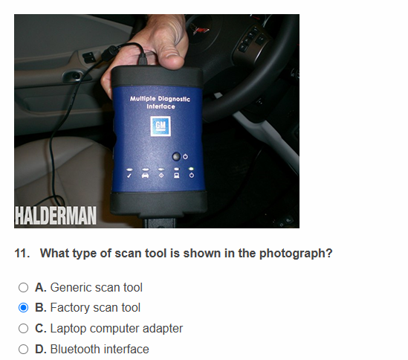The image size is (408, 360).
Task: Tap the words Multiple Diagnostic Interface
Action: pyautogui.click(x=160, y=103)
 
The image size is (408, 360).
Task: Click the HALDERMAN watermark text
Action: pyautogui.click(x=56, y=215)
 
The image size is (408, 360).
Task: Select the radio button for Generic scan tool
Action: pyautogui.click(x=24, y=287)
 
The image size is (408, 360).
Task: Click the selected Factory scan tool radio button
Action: pyautogui.click(x=24, y=308)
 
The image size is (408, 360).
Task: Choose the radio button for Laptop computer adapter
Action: pyautogui.click(x=24, y=329)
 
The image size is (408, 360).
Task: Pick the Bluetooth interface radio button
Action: pyautogui.click(x=24, y=350)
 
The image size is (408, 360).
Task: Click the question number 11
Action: pyautogui.click(x=22, y=253)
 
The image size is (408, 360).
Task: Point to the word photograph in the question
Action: pyautogui.click(x=295, y=253)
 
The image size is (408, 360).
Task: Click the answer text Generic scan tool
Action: pyautogui.click(x=96, y=287)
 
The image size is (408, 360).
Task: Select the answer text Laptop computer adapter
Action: pyautogui.click(x=116, y=329)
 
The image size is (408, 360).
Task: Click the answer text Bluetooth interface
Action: pyautogui.click(x=100, y=350)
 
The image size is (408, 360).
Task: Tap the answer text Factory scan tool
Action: pyautogui.click(x=95, y=308)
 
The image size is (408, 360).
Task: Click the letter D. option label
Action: pyautogui.click(x=41, y=350)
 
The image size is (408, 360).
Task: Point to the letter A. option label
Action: pyautogui.click(x=41, y=287)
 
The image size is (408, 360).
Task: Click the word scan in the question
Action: pyautogui.click(x=129, y=253)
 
